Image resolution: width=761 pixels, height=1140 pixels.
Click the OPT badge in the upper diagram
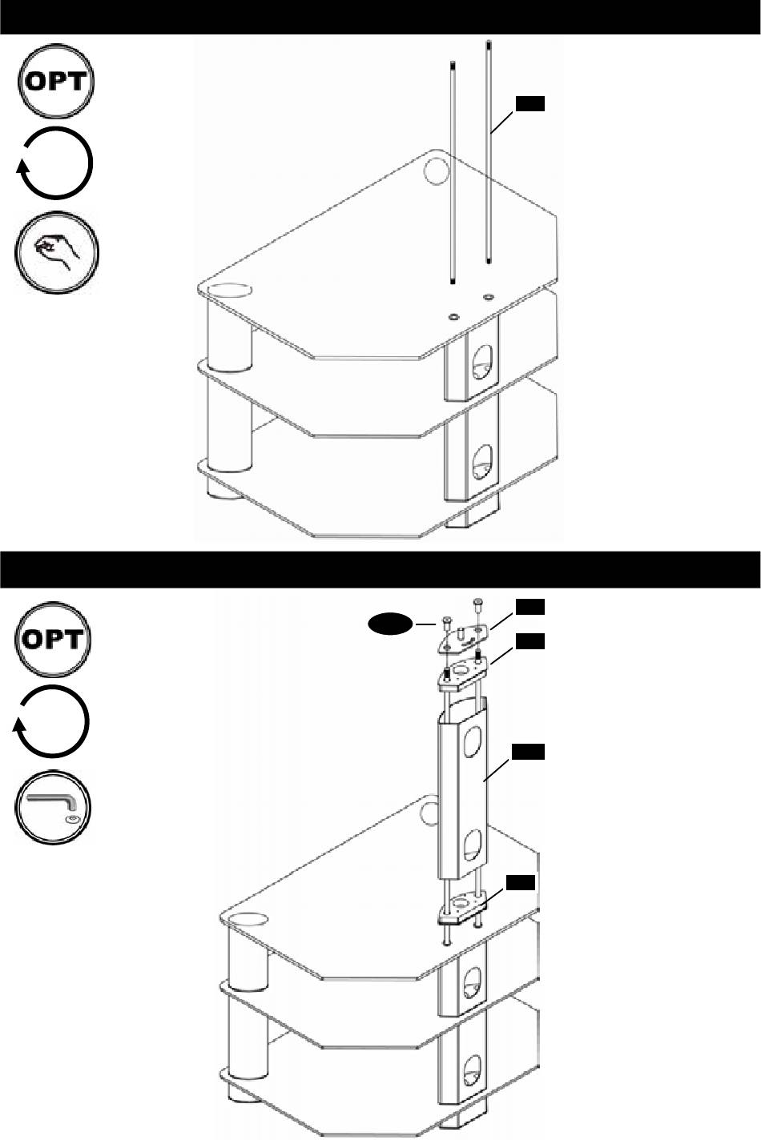pyautogui.click(x=55, y=82)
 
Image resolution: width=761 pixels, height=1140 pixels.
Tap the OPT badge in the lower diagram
pyautogui.click(x=53, y=639)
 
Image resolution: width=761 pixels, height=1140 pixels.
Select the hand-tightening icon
pyautogui.click(x=56, y=252)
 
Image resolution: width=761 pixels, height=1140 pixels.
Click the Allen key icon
pyautogui.click(x=53, y=809)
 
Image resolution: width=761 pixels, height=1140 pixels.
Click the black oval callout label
pyautogui.click(x=389, y=624)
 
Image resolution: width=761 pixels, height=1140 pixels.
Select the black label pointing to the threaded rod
pyautogui.click(x=529, y=103)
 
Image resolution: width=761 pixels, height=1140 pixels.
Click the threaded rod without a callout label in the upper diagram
pyautogui.click(x=452, y=172)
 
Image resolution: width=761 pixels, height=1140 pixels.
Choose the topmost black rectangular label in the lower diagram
pyautogui.click(x=529, y=607)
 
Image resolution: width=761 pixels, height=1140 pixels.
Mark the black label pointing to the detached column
pyautogui.click(x=528, y=752)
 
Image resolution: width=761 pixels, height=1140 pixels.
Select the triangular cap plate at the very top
pyautogui.click(x=463, y=636)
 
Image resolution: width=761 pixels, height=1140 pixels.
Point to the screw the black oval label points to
pyautogui.click(x=446, y=621)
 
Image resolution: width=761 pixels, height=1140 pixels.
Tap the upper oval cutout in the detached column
pyautogui.click(x=473, y=739)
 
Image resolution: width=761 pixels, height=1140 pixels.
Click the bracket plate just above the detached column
pyautogui.click(x=464, y=672)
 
